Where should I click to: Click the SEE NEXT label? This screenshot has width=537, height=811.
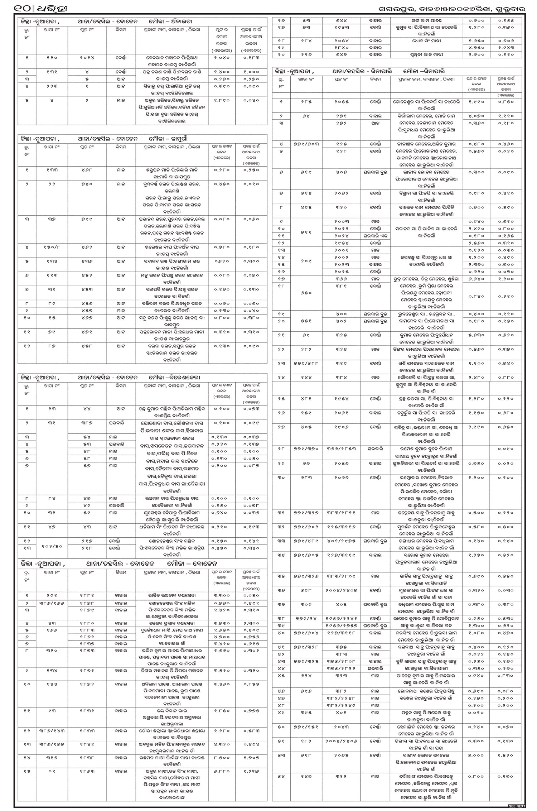pyautogui.click(x=517, y=806)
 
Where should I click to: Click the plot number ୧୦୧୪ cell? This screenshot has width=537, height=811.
pyautogui.click(x=87, y=57)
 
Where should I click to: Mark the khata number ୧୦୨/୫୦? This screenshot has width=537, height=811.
pyautogui.click(x=52, y=546)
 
